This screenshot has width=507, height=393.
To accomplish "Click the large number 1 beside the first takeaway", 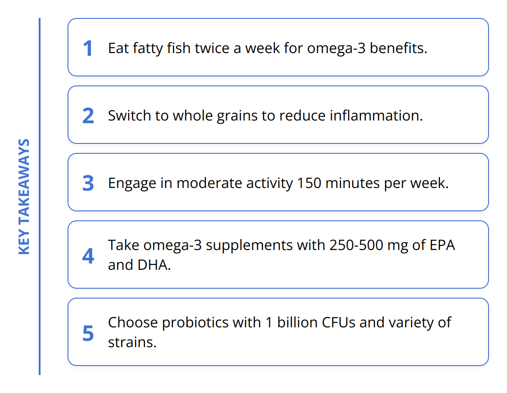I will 88,49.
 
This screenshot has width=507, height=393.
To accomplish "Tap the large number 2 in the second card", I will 88,116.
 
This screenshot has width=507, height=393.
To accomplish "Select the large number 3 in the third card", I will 88,183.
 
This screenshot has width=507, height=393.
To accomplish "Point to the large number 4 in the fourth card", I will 88,256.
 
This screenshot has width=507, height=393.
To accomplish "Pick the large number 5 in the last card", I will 88,333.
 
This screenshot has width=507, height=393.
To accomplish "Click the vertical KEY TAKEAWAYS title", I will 24,196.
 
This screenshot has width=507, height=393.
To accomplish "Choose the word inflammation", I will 376,116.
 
